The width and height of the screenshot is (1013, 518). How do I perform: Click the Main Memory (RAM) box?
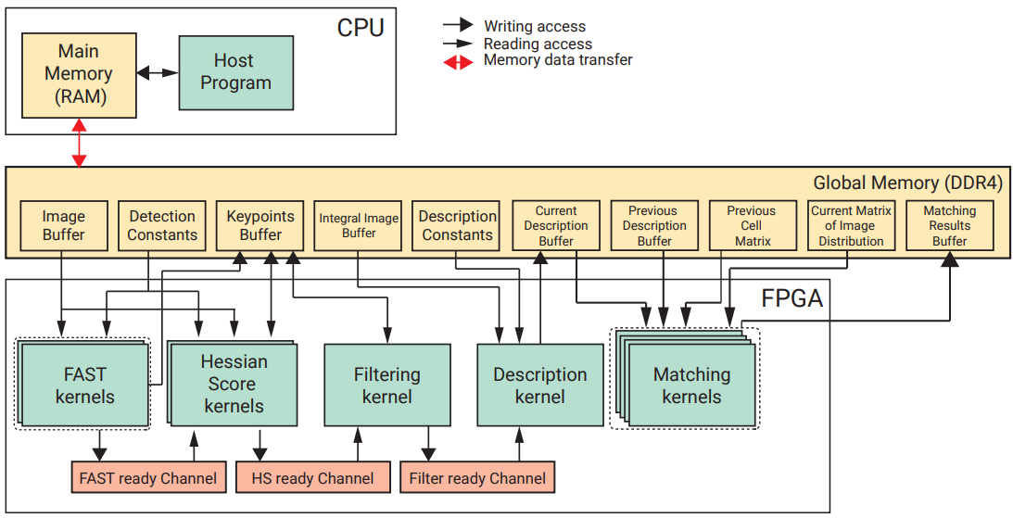tap(79, 73)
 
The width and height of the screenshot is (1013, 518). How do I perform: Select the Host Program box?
tap(235, 72)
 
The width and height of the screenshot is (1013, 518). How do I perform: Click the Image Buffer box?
tap(64, 225)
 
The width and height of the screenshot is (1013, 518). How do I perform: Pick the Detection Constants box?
tap(162, 225)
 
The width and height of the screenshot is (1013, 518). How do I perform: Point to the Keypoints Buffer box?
tap(260, 225)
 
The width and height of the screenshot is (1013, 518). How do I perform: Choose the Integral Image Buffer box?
tap(359, 225)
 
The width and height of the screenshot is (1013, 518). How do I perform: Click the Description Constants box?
tap(457, 225)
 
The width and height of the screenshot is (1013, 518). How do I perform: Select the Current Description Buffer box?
tap(556, 225)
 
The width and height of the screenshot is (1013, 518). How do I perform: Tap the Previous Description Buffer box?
tap(654, 225)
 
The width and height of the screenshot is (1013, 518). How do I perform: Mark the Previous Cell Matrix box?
tap(752, 225)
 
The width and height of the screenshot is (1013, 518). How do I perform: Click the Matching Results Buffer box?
tap(949, 225)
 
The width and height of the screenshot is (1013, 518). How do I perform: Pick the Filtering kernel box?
tap(386, 385)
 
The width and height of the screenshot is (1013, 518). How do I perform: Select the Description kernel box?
tap(539, 385)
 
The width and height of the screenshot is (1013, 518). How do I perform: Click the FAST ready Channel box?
tap(148, 478)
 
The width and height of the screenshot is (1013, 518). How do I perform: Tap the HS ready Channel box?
tap(313, 478)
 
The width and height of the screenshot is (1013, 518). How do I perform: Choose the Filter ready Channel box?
tap(477, 478)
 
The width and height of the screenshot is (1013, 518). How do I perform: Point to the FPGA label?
tap(791, 299)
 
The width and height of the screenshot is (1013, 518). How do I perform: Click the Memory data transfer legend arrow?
tap(462, 60)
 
